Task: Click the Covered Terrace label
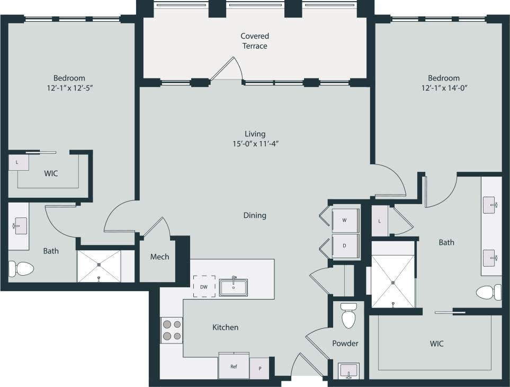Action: coord(255,41)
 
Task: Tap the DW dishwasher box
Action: coord(204,287)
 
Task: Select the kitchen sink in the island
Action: coord(234,287)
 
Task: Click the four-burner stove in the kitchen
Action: coord(172,330)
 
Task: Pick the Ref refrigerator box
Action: coord(234,366)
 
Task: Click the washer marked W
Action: coord(345,220)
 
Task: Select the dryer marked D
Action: coord(345,246)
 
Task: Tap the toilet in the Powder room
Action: coord(348,316)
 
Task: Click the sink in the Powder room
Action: coord(348,371)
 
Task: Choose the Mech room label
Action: coord(159,257)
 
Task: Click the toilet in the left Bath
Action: coord(20,269)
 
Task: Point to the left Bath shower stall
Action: coord(99,265)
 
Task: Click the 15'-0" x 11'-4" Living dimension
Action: coord(255,144)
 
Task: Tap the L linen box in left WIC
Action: coord(18,163)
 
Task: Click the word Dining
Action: coord(255,216)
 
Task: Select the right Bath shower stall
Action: coord(392,274)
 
